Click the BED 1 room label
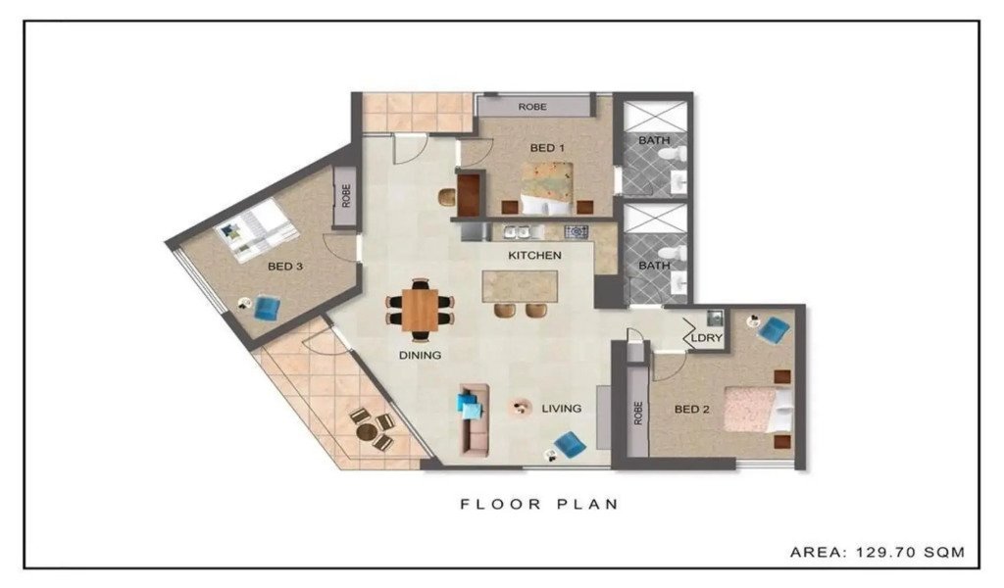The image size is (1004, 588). coord(547,148)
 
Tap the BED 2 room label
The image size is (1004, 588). coord(691,409)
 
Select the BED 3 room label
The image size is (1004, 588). coord(285,267)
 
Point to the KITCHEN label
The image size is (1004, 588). coord(534,256)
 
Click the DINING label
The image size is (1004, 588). coord(420,355)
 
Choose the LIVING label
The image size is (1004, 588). coord(562,409)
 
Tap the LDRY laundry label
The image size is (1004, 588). coord(707,338)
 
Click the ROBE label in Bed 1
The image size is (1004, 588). coord(532,107)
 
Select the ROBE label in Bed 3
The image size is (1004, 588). coord(346,196)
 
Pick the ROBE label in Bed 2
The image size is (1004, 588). coord(637,414)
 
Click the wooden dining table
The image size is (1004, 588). coord(420,311)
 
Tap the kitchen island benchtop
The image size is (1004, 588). coord(520,286)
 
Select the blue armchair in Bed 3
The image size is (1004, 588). coord(267,308)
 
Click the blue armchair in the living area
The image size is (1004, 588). coord(569,445)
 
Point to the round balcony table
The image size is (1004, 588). coord(367,433)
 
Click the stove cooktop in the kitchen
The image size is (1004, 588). coord(576,231)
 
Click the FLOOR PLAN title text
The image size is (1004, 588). coord(540,504)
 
